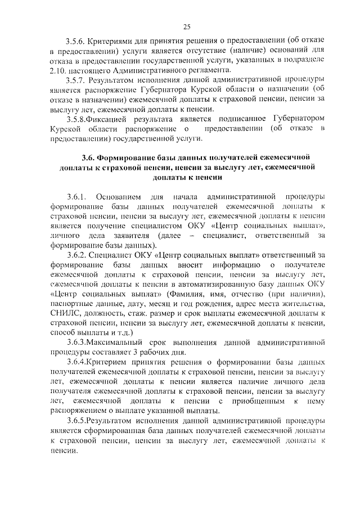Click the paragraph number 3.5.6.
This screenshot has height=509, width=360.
pyautogui.click(x=76, y=41)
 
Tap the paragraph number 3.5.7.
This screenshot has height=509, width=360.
pyautogui.click(x=76, y=80)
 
